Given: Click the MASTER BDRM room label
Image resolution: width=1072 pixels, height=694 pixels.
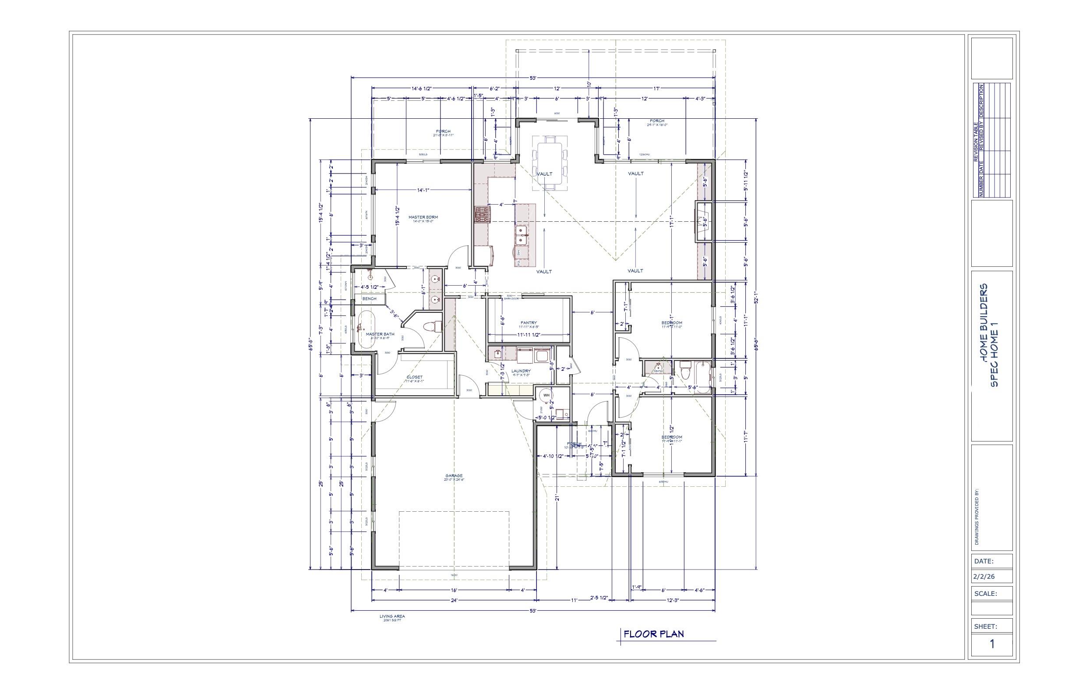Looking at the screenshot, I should (x=423, y=218).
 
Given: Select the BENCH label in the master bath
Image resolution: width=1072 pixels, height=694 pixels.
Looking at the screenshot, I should (x=369, y=299).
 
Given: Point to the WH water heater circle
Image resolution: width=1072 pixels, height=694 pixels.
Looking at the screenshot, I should (x=547, y=395).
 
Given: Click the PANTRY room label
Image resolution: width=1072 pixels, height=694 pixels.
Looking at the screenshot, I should (x=529, y=322).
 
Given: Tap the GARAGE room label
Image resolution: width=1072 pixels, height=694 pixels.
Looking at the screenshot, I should (x=454, y=476).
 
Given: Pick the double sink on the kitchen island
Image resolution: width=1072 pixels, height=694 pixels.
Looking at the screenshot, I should (x=522, y=232).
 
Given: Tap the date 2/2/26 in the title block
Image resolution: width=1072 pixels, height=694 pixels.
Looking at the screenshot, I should (x=984, y=577).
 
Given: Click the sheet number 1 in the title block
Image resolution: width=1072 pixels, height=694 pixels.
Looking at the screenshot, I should (x=992, y=644).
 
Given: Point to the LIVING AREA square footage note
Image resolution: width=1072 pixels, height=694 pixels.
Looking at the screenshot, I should (x=392, y=618).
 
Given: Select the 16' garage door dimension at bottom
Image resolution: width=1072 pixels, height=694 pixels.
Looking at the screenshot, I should (x=454, y=590).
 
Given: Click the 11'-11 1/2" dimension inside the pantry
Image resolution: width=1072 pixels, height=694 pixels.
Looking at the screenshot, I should (x=529, y=335).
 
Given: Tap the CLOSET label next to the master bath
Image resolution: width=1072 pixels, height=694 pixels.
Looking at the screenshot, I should (x=414, y=377).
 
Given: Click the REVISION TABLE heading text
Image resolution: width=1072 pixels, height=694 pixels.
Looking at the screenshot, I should (x=976, y=142).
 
